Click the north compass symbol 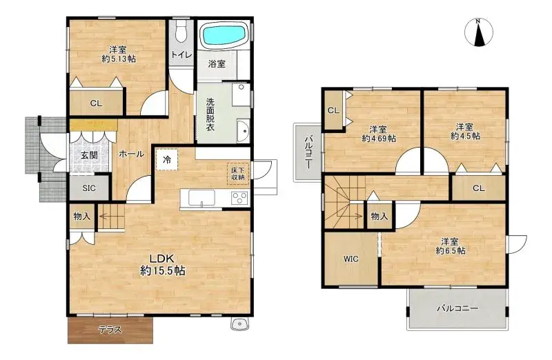pyautogui.click(x=478, y=32)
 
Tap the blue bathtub pyautogui.click(x=224, y=35)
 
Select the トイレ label pyautogui.click(x=181, y=55)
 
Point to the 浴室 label pyautogui.click(x=217, y=64)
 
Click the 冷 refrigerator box pyautogui.click(x=167, y=159)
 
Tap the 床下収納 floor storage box pyautogui.click(x=238, y=174)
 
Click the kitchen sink pyautogui.click(x=201, y=197)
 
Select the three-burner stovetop pyautogui.click(x=239, y=197)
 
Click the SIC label pyautogui.click(x=89, y=188)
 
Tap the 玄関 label pyautogui.click(x=89, y=155)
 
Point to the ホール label pyautogui.click(x=131, y=154)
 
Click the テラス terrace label pyautogui.click(x=110, y=330)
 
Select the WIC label pyautogui.click(x=351, y=259)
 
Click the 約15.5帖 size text pyautogui.click(x=163, y=270)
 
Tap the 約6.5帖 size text pyautogui.click(x=451, y=250)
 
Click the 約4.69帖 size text pyautogui.click(x=379, y=139)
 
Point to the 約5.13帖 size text pyautogui.click(x=119, y=59)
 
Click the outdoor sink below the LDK pyautogui.click(x=240, y=323)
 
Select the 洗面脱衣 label pyautogui.click(x=210, y=114)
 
